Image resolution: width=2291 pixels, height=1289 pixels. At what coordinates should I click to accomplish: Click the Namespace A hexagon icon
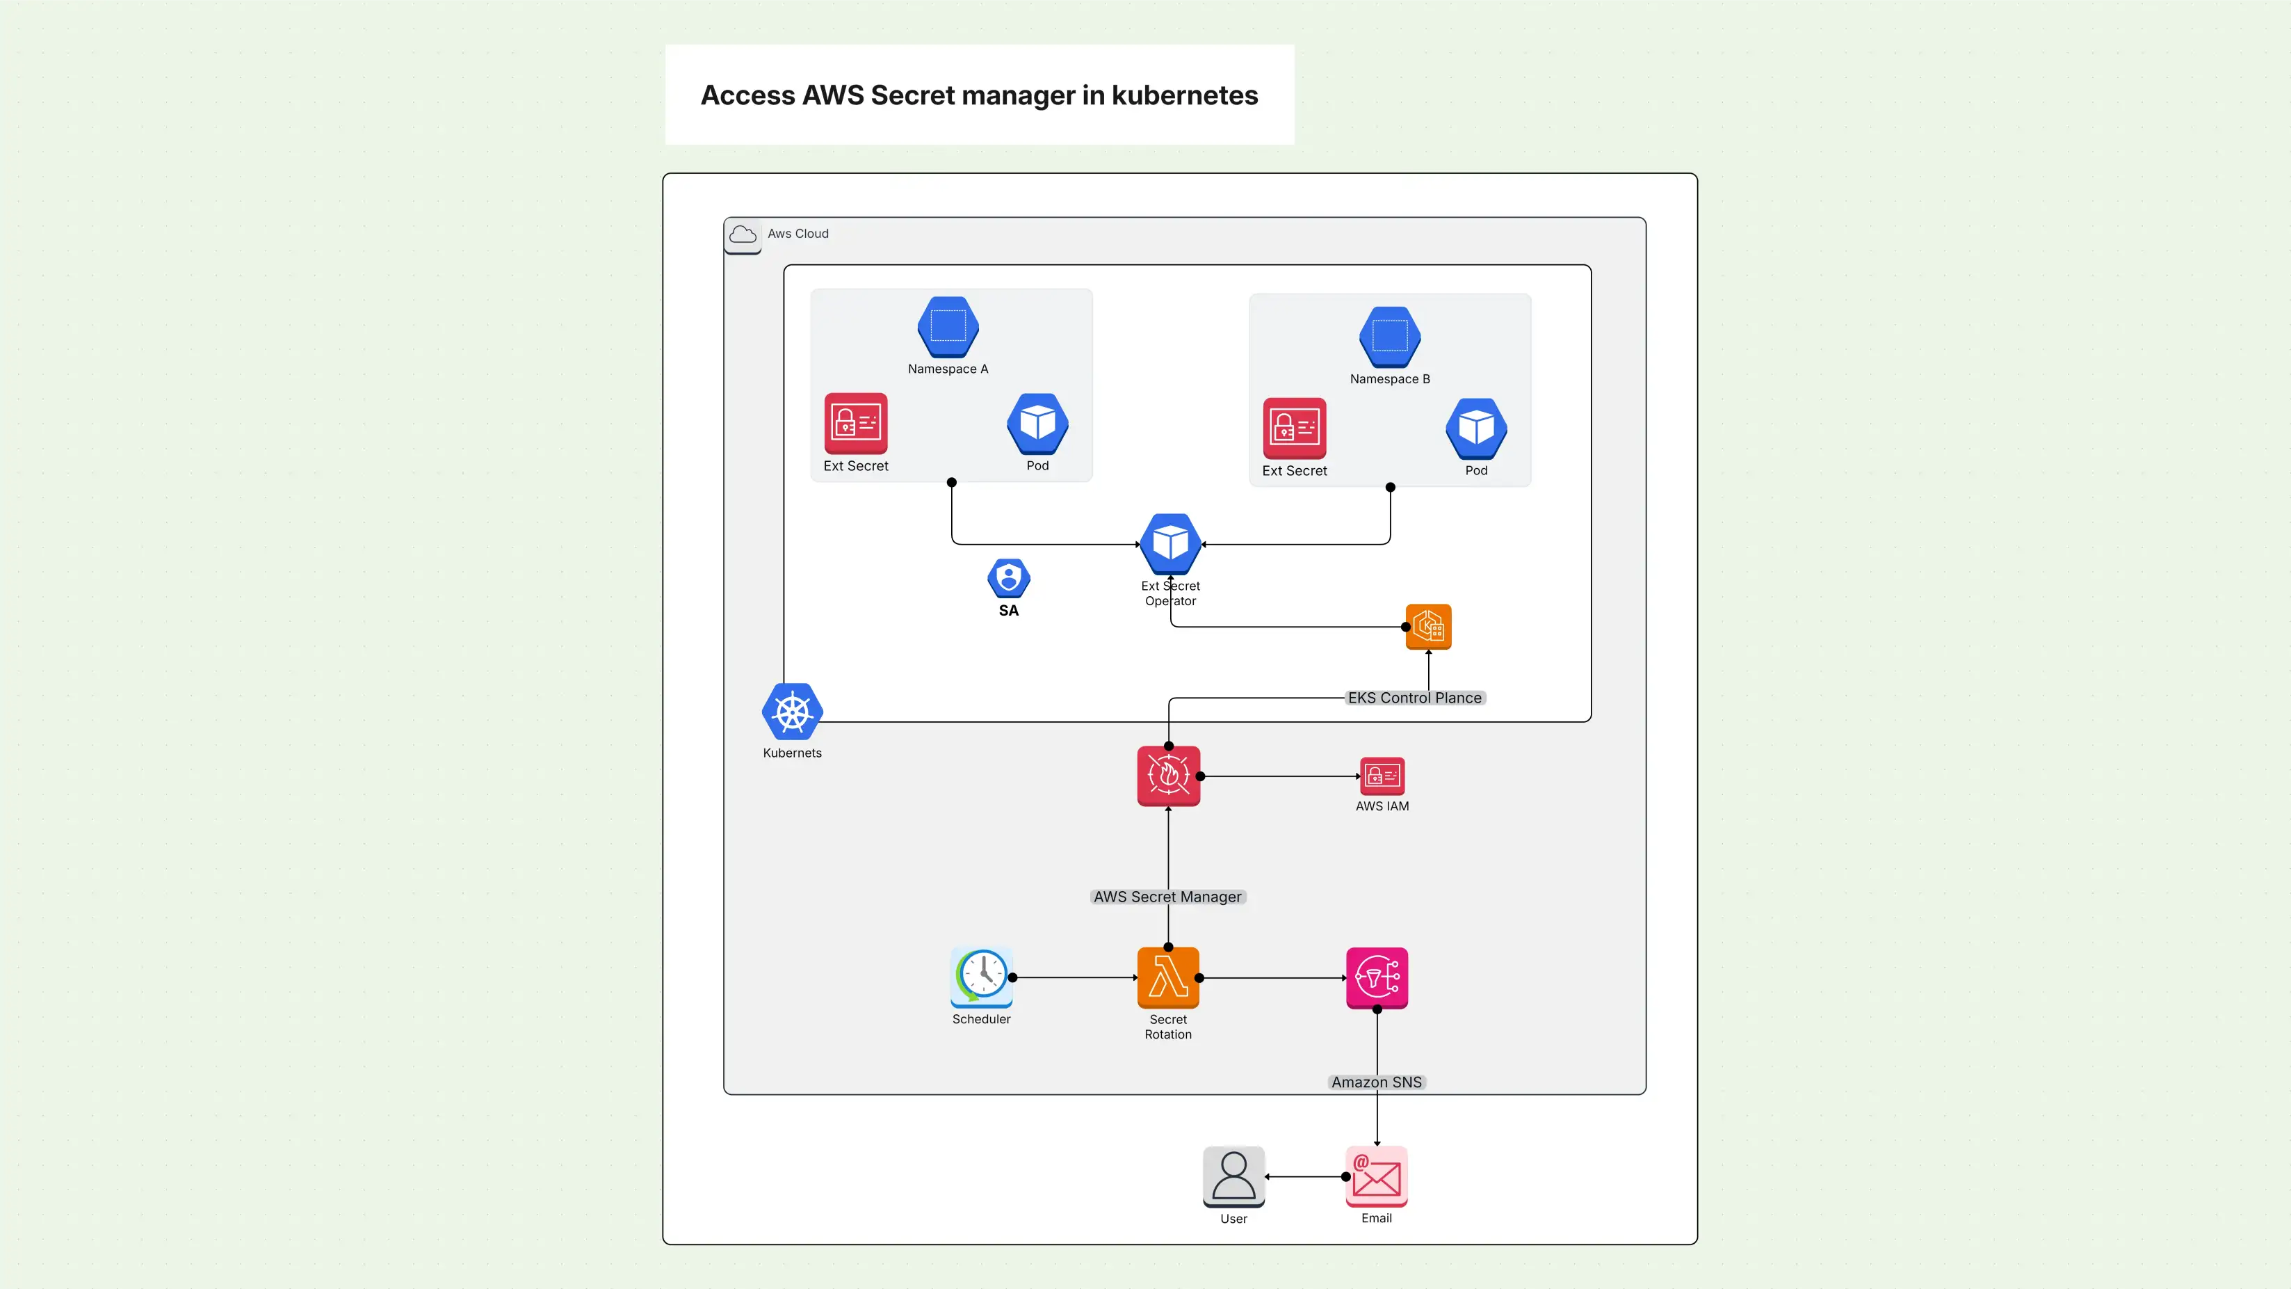(948, 326)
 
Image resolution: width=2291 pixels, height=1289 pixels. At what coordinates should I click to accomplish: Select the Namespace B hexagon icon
(1389, 336)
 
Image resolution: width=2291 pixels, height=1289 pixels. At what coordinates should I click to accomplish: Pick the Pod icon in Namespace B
(1476, 428)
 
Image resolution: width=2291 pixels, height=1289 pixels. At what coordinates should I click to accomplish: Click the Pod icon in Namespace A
(1037, 424)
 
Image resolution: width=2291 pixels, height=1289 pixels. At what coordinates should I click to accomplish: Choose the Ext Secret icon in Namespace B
(1294, 428)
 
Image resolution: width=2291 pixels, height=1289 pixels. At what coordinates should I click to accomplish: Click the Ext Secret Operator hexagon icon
(1170, 543)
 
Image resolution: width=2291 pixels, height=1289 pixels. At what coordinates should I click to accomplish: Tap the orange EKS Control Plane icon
(1428, 626)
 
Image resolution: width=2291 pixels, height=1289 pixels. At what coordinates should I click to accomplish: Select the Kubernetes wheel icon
(791, 712)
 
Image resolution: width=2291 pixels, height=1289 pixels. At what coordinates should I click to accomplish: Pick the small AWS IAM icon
(1382, 776)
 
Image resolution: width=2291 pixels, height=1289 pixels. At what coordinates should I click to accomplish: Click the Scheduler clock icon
(982, 977)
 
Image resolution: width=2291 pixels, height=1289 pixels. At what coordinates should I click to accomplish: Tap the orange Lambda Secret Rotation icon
(1167, 977)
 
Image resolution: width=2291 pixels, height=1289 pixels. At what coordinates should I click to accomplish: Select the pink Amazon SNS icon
(1377, 977)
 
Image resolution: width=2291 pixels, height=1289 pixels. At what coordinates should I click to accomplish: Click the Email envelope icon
(1377, 1177)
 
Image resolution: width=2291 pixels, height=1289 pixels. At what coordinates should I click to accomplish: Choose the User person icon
(1233, 1177)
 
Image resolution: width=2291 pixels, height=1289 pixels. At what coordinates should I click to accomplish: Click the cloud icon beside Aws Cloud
(743, 235)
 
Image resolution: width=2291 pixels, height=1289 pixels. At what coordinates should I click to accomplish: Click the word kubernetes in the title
(1185, 95)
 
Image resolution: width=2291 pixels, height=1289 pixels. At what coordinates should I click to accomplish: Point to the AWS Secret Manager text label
(1167, 897)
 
